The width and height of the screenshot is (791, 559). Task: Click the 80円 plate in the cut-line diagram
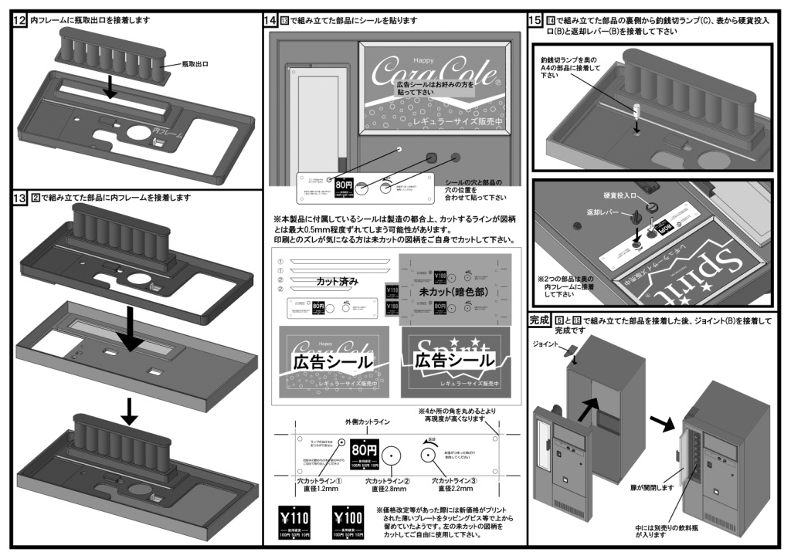point(364,449)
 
